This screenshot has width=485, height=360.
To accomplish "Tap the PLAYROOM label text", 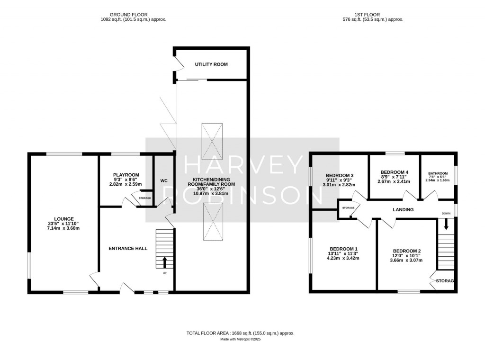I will [x=126, y=175].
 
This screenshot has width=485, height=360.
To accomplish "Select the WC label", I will [x=164, y=181].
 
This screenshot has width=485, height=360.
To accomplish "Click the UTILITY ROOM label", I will [x=212, y=64].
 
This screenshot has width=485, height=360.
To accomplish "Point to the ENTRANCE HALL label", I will [x=128, y=248].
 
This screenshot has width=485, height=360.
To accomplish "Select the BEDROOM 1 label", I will [x=343, y=249].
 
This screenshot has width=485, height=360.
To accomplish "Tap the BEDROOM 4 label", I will [x=394, y=172].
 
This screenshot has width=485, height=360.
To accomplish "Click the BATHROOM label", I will [x=438, y=173].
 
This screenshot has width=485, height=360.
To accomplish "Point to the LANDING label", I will [x=403, y=209].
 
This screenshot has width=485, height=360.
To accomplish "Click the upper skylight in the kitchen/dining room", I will [x=211, y=141].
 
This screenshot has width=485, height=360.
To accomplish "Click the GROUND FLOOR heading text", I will [x=134, y=14].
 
